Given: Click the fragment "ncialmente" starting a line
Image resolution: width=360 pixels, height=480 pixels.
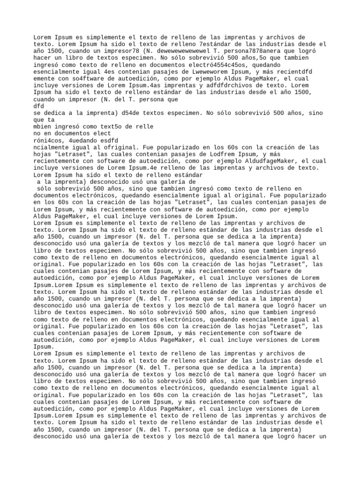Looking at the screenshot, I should [x=51, y=147].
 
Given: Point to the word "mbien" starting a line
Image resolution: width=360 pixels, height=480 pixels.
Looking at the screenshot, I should [x=43, y=127].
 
